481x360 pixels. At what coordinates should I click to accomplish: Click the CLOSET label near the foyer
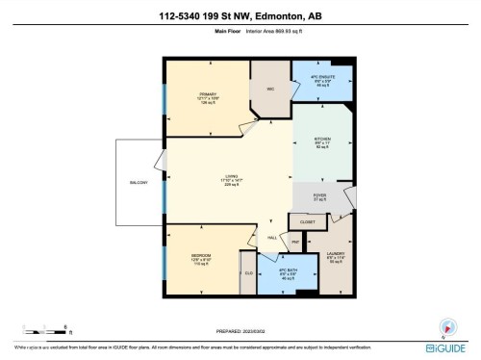coord(307,222)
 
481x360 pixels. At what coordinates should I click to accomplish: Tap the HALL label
coord(272,238)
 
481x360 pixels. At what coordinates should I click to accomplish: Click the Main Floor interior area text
coord(240,32)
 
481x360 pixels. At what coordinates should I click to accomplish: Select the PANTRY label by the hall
coord(295,241)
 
